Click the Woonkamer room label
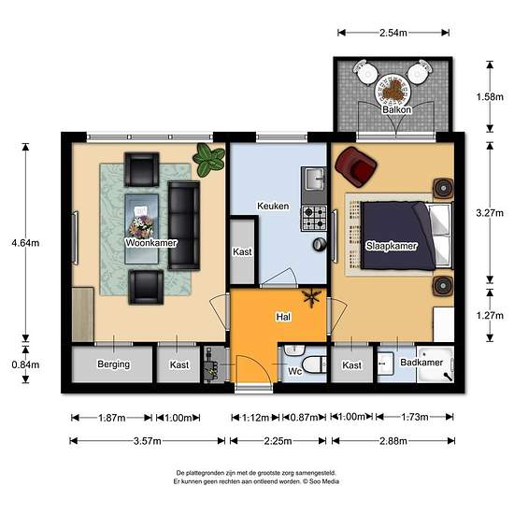point(151,243)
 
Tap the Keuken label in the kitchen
point(273,206)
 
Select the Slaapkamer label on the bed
point(392,246)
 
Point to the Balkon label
point(396,109)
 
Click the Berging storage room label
point(113,364)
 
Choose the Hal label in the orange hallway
point(283,317)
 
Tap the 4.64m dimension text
point(25,243)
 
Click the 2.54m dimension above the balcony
point(393,33)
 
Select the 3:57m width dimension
point(147,441)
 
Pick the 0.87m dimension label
point(304,418)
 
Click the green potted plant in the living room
point(208,160)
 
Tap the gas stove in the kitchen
point(314,218)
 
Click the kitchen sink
point(314,179)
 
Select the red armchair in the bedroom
point(356,166)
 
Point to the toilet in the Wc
point(314,364)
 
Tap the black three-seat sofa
point(184,225)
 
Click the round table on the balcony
point(393,90)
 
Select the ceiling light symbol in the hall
point(311,298)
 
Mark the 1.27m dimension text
point(490,316)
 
